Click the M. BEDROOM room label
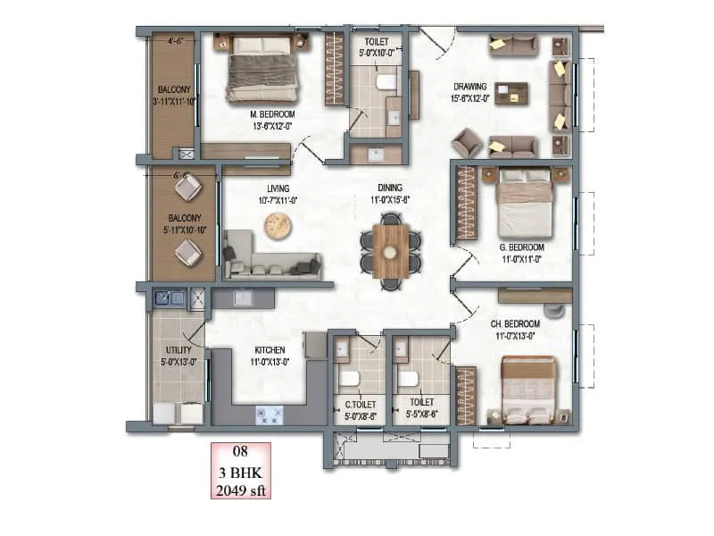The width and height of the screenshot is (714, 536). pyautogui.click(x=272, y=114)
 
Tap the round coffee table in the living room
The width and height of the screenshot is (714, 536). pyautogui.click(x=278, y=229)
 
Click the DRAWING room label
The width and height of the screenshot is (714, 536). pyautogui.click(x=470, y=87)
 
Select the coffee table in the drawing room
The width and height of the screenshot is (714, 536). pyautogui.click(x=511, y=91)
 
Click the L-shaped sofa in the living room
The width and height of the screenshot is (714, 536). pyautogui.click(x=268, y=259)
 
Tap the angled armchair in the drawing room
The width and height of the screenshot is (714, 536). pyautogui.click(x=467, y=141)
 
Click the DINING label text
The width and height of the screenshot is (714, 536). pyautogui.click(x=390, y=188)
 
